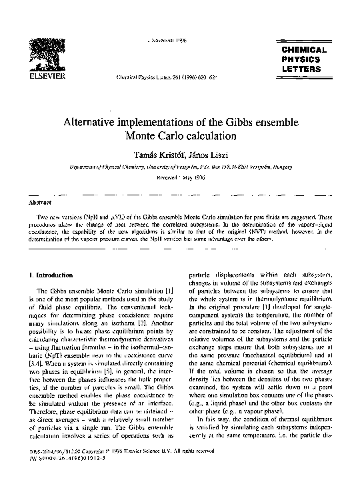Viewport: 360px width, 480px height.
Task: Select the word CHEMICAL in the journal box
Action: pyautogui.click(x=303, y=50)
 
